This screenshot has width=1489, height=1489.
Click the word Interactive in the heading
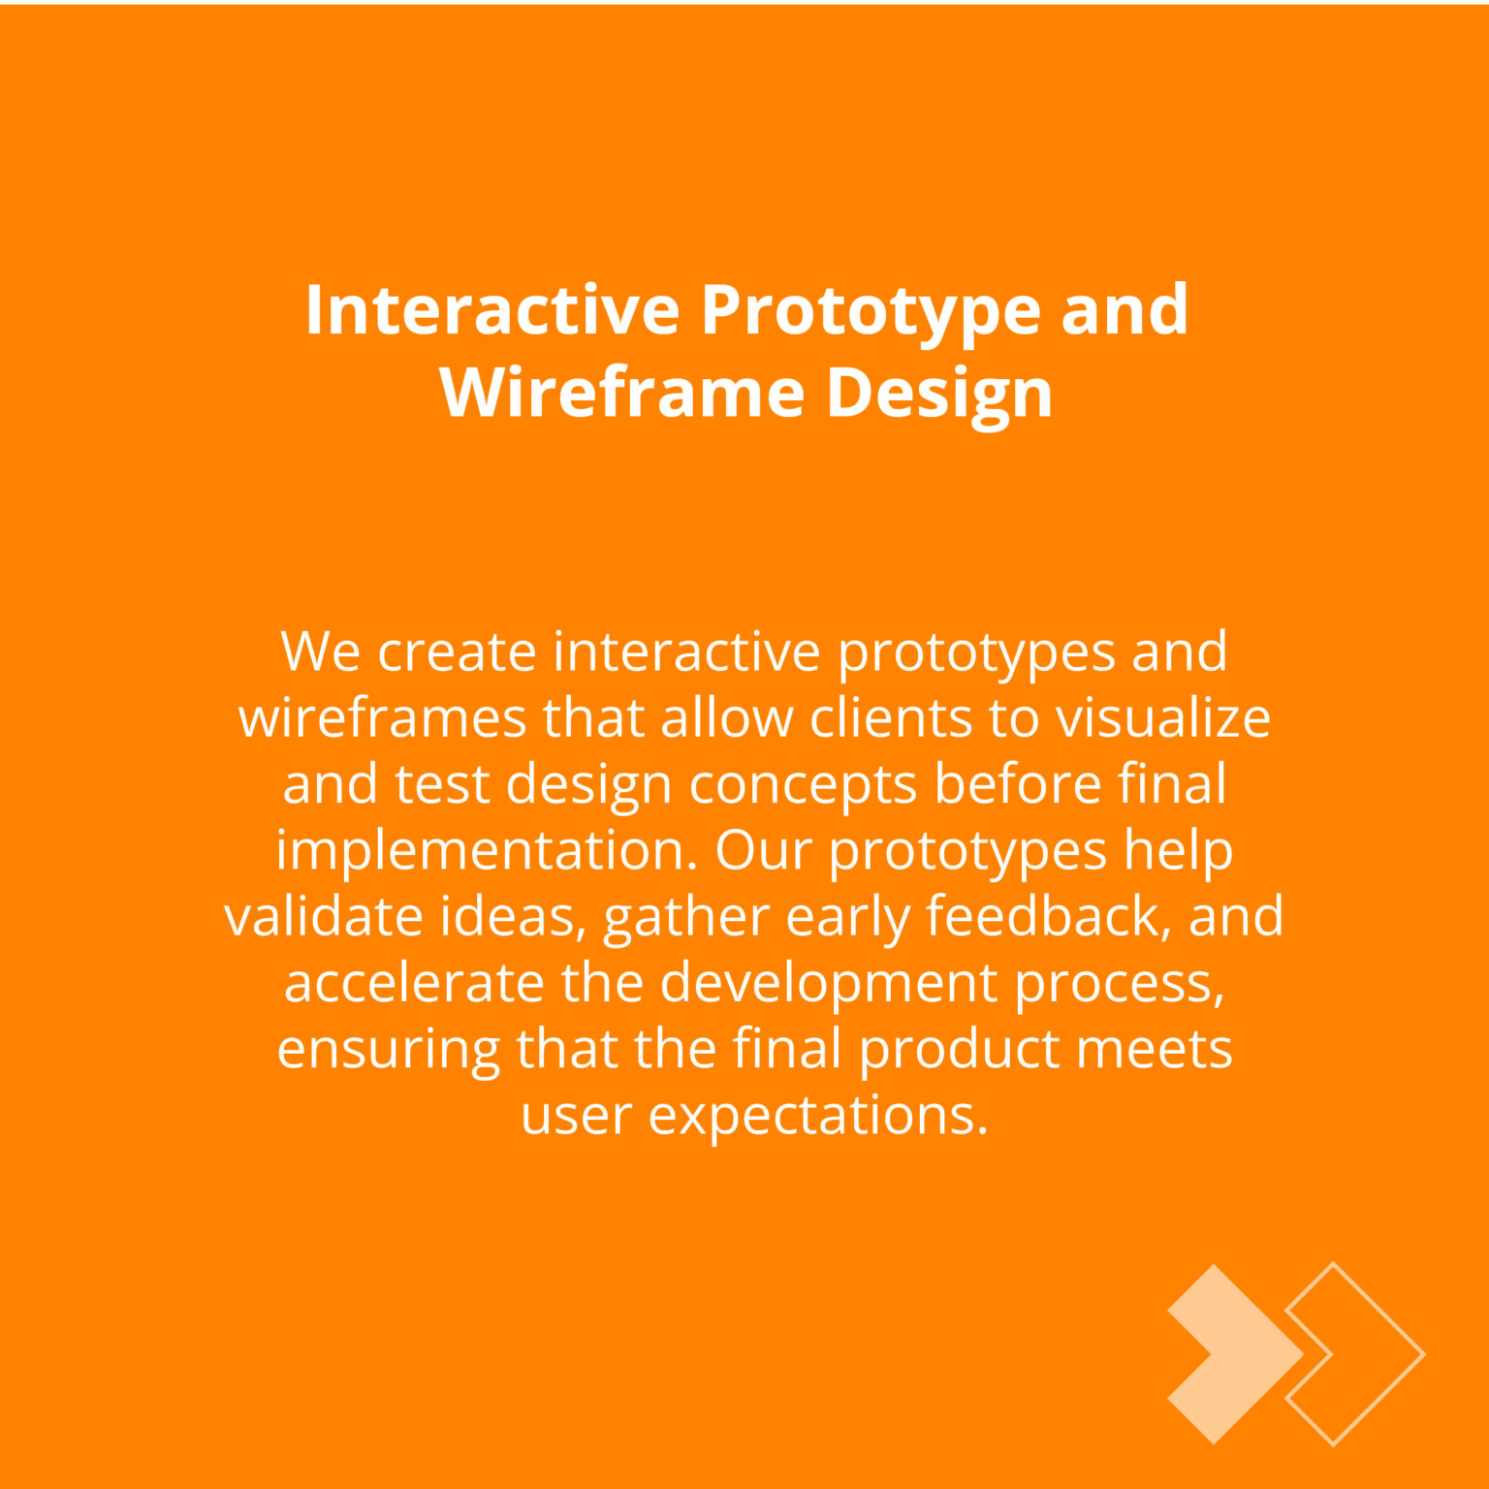pyautogui.click(x=492, y=310)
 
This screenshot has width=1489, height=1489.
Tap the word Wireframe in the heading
pyautogui.click(x=621, y=393)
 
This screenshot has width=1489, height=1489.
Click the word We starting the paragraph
pyautogui.click(x=320, y=651)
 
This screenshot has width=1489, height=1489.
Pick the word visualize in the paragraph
pyautogui.click(x=1163, y=717)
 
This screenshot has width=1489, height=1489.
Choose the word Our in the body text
pyautogui.click(x=764, y=850)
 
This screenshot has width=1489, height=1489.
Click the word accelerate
pyautogui.click(x=414, y=982)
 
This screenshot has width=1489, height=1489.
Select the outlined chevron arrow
pyautogui.click(x=1355, y=1354)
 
